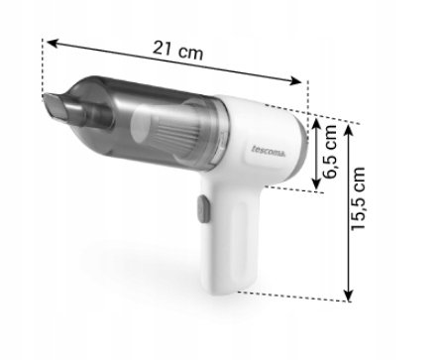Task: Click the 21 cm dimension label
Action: point(177,51)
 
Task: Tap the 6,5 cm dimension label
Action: point(330,152)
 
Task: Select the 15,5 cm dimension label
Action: point(358,198)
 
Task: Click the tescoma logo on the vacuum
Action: point(270,151)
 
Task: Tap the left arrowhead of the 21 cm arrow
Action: point(53,44)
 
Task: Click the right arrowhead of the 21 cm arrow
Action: point(295,80)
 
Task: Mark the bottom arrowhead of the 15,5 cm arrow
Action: point(349,296)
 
